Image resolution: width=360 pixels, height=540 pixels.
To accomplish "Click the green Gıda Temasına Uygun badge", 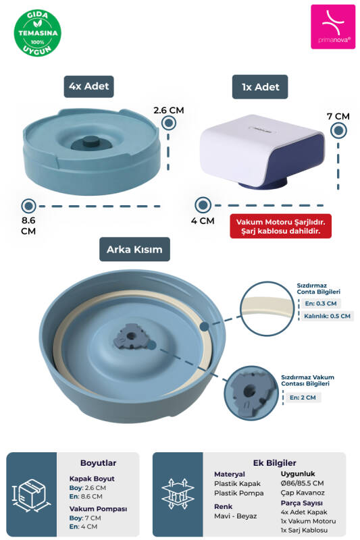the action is click(x=37, y=33).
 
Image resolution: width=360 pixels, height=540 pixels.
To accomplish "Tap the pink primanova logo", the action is click(x=333, y=26).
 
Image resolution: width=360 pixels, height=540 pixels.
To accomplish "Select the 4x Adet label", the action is click(x=89, y=86).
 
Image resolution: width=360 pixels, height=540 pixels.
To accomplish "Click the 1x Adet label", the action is click(x=260, y=87).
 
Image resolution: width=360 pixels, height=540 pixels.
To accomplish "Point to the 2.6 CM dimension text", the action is click(x=169, y=110).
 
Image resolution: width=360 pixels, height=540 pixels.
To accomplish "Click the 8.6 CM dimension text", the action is click(x=28, y=225).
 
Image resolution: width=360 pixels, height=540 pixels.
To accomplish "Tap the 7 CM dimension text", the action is click(x=338, y=116).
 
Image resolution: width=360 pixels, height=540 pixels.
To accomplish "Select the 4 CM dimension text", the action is click(x=203, y=221).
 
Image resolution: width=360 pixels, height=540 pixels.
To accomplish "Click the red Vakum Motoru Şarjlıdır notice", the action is click(x=281, y=226).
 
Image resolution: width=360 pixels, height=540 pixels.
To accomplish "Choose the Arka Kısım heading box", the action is click(x=134, y=249).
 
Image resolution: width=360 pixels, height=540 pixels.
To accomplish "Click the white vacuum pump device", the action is click(x=263, y=152).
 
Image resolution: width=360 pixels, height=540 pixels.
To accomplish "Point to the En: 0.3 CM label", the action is click(x=321, y=303).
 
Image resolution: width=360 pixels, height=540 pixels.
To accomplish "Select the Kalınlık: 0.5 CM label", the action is click(x=328, y=316).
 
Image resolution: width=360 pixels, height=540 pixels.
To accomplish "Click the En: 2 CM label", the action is click(x=303, y=398).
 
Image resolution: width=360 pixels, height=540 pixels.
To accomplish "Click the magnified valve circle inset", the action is click(x=251, y=393).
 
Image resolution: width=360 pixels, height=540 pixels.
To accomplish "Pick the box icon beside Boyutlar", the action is click(x=31, y=495).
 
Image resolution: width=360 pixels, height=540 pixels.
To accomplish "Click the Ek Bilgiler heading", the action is click(x=275, y=463).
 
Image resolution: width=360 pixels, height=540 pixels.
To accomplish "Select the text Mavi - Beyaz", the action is click(x=236, y=516).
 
